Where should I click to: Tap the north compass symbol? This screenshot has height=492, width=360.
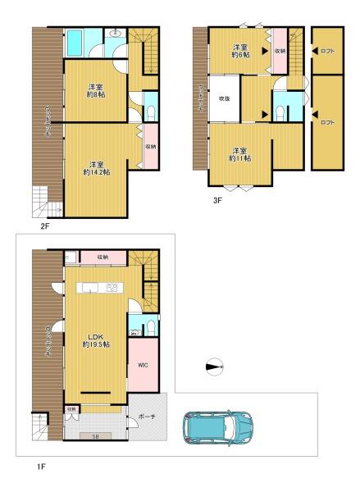(213, 367)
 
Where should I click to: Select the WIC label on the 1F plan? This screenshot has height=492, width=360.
(142, 365)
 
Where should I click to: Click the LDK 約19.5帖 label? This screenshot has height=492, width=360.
(96, 339)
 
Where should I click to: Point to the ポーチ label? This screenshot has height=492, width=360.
(148, 416)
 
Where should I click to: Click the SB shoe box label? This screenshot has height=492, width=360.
(96, 436)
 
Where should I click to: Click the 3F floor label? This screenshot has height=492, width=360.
(217, 198)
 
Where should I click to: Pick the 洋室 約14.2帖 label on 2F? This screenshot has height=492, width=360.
(97, 167)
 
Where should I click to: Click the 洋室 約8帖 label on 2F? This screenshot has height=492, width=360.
(96, 90)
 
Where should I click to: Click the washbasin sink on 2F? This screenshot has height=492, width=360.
(115, 34)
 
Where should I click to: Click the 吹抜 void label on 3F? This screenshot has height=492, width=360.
(224, 98)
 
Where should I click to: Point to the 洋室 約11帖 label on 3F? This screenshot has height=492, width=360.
(239, 155)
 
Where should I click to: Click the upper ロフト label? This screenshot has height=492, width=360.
(327, 50)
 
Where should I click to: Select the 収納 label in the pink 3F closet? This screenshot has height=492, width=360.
(280, 51)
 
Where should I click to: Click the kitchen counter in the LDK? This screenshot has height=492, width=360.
(98, 287)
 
